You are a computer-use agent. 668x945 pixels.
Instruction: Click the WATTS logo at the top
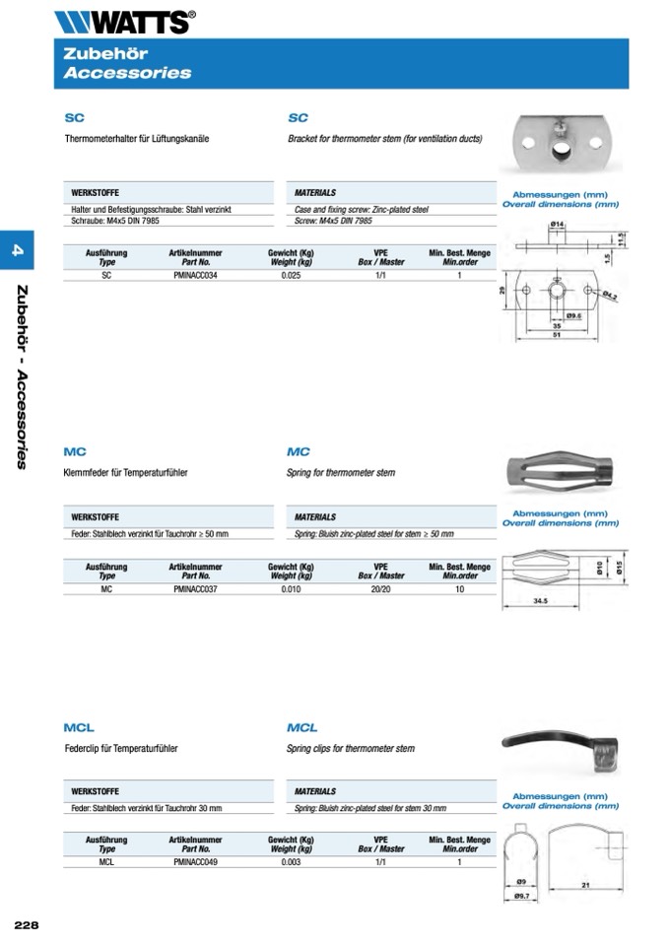[125, 21]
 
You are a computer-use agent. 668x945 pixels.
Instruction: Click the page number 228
[27, 924]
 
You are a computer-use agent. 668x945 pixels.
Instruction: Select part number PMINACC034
[195, 277]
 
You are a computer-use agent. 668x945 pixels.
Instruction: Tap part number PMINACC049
[195, 862]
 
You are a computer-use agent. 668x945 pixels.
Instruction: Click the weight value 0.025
[291, 277]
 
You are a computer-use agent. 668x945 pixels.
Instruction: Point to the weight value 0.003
[291, 862]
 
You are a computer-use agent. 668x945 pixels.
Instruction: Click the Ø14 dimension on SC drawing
[556, 226]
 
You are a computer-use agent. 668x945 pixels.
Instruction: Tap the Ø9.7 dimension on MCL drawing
[523, 896]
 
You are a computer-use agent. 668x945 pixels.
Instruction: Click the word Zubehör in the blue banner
[98, 55]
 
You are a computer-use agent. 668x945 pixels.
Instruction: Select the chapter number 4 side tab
[17, 253]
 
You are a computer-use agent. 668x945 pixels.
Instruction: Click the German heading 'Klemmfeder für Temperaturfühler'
[125, 473]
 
